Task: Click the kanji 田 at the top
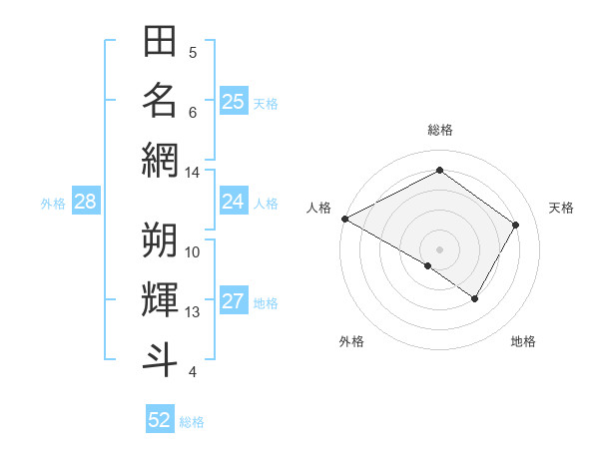160,42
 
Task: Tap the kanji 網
160,160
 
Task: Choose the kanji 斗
160,359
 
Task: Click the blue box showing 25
234,102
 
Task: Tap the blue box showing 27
234,302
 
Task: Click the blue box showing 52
160,420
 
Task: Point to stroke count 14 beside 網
193,173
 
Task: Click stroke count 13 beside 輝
193,312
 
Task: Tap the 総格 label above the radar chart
439,130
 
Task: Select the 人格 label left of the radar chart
319,208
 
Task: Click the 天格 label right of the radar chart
561,208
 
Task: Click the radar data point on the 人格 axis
344,219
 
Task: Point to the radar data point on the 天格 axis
516,225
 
